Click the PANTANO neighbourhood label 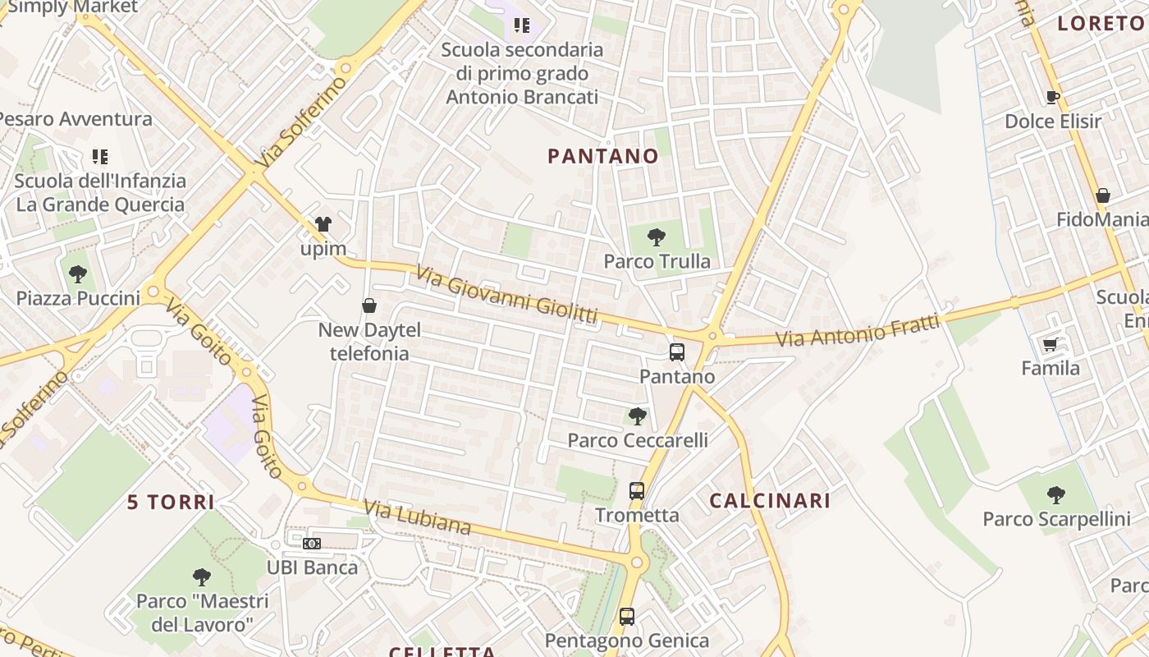pos(602,156)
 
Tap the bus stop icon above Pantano pos(677,352)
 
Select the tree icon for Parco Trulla pos(656,238)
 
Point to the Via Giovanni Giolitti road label pos(506,293)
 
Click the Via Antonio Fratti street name pos(858,331)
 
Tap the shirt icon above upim pos(323,224)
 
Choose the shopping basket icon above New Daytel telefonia pos(369,306)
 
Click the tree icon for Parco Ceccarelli pos(637,416)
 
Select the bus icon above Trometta pos(637,491)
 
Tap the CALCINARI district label pos(770,501)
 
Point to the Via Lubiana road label pos(418,517)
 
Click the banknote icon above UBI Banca pos(312,544)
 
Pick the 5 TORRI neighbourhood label pos(171,502)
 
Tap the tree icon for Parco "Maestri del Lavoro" pos(202,577)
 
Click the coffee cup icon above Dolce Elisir pos(1053,98)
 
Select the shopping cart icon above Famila pos(1050,344)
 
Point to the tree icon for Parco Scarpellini pos(1056,495)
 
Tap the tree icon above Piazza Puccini pos(78,274)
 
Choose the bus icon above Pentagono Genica pos(627,616)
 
